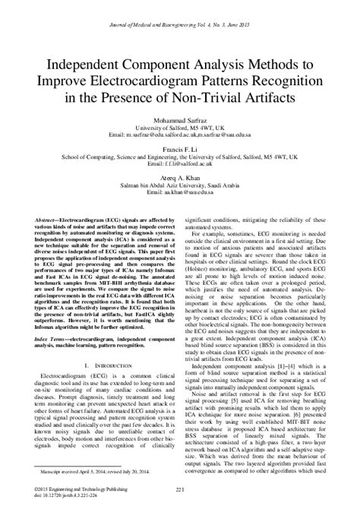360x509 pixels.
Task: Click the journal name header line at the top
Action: tap(180, 8)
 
